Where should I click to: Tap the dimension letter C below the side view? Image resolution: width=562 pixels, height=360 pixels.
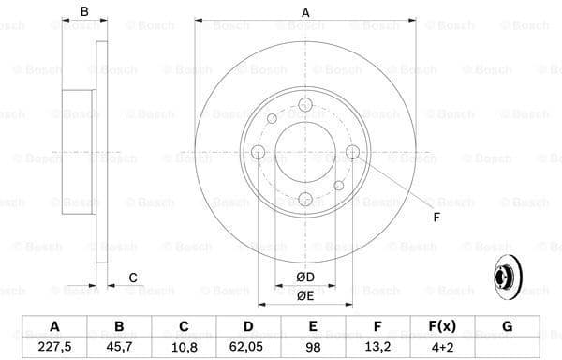coord(133,277)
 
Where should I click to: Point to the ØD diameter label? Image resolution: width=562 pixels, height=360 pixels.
coord(305,277)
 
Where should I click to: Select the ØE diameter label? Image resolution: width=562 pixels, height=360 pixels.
coord(305,295)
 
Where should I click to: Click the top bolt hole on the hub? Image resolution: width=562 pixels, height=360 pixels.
coord(305,107)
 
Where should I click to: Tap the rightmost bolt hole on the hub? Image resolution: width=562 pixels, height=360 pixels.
coord(352,153)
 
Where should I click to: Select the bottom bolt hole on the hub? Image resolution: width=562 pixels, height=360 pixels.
coord(305,199)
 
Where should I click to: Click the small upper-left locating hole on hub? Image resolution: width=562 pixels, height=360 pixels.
coord(272,118)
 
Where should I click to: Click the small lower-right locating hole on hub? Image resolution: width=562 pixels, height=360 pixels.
coord(339,187)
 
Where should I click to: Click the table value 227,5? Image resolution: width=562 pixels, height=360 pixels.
coord(54,347)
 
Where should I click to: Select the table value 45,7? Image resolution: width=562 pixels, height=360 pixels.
coord(119,347)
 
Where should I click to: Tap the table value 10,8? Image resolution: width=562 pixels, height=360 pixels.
coord(184,347)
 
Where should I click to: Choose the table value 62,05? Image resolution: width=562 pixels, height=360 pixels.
coord(248,347)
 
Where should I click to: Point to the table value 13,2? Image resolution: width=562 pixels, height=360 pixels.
coord(377,347)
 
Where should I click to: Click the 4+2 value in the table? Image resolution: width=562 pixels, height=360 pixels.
coord(442,347)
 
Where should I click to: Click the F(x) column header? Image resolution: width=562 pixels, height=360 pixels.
coord(442,326)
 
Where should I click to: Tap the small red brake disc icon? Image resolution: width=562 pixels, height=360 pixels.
coord(505,277)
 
